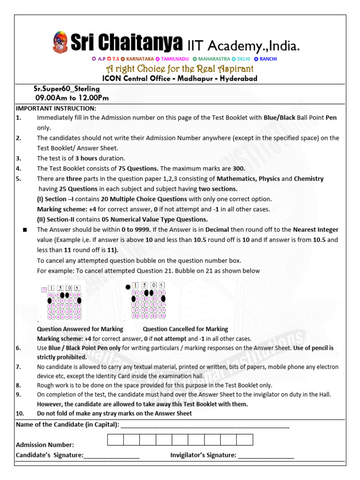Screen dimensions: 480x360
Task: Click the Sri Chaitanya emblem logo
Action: (60, 42)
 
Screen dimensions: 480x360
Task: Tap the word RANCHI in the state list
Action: (268, 59)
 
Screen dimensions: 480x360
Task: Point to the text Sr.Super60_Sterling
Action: (66, 89)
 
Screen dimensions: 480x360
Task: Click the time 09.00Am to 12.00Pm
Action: (72, 98)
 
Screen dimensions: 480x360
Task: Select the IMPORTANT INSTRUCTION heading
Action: (56, 108)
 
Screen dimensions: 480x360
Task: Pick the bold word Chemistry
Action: (308, 179)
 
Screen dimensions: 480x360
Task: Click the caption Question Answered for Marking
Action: (80, 329)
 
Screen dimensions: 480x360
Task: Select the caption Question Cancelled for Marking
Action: (185, 329)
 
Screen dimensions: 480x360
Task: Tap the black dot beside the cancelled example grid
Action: (127, 287)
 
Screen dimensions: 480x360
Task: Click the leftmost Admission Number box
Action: (116, 440)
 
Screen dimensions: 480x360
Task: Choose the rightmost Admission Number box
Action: (244, 440)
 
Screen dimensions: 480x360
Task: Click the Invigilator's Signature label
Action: (203, 455)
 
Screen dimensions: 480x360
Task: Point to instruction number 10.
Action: (20, 413)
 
